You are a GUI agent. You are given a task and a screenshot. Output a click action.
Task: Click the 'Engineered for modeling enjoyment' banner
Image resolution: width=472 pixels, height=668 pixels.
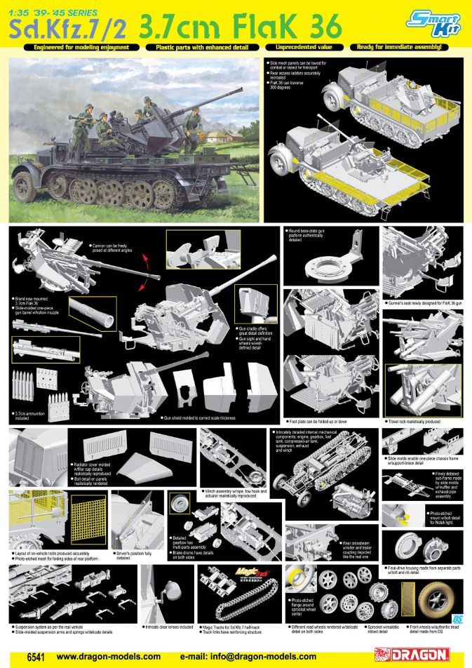77,47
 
